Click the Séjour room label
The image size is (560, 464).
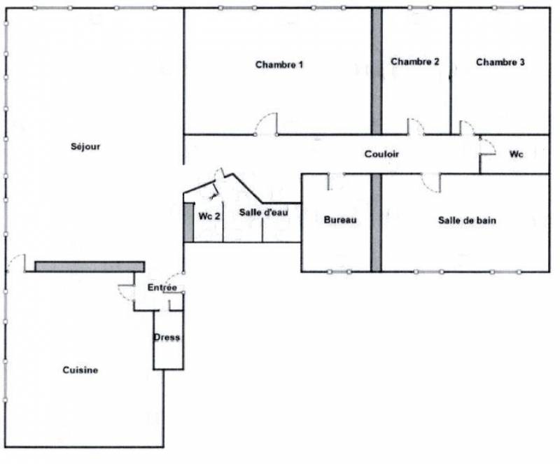point(85,146)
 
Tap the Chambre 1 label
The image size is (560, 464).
point(279,64)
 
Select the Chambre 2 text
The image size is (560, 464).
point(414,62)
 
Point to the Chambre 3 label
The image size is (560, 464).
point(500,62)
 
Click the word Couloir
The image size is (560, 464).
point(381,154)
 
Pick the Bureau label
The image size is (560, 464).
point(340,220)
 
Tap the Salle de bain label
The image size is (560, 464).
point(467,220)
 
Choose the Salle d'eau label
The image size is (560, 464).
point(263,212)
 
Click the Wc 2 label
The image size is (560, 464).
point(209,216)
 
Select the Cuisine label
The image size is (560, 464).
point(80,370)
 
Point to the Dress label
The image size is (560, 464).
point(167,337)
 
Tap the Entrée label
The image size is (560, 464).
point(162,287)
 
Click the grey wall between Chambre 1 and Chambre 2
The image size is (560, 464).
point(377,71)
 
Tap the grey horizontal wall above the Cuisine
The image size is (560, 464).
point(90,267)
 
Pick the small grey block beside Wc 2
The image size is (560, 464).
point(188,222)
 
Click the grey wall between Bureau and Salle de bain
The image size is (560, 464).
point(376,223)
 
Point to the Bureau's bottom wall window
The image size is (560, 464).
point(339,272)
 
